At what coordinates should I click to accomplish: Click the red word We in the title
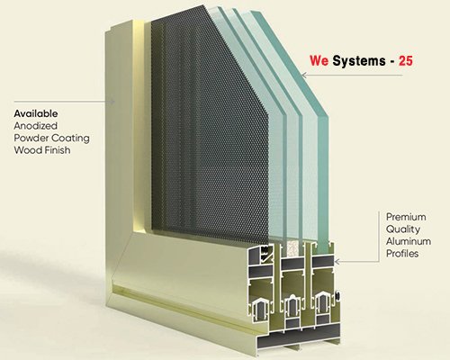(319, 61)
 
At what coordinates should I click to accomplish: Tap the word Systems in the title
(359, 61)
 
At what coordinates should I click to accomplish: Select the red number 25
(406, 61)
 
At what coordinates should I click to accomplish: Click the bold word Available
(36, 113)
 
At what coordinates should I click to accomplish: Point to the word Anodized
(35, 126)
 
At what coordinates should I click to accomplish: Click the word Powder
(31, 138)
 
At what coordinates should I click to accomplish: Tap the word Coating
(70, 139)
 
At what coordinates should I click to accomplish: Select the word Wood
(25, 150)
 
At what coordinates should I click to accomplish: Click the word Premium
(406, 217)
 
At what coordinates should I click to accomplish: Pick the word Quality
(403, 229)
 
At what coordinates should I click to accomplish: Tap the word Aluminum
(409, 241)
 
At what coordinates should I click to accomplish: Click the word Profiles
(402, 254)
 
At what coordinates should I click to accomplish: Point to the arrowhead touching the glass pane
(303, 75)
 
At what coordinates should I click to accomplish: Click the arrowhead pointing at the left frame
(112, 102)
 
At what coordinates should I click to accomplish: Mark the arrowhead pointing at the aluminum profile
(337, 262)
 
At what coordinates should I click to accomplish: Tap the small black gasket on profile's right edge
(338, 296)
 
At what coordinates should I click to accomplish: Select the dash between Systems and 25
(392, 62)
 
